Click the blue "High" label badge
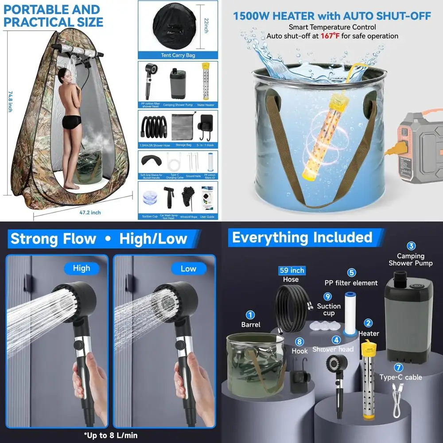click(x=81, y=268)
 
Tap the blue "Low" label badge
click(x=188, y=268)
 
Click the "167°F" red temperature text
click(x=327, y=36)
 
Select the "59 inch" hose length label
click(x=291, y=270)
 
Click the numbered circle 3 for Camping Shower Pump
click(x=411, y=246)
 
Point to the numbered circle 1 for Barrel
click(x=250, y=315)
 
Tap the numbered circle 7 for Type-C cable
click(x=399, y=367)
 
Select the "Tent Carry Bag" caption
click(x=178, y=55)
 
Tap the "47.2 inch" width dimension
click(x=90, y=213)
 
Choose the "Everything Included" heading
click(x=302, y=238)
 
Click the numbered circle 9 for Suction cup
click(x=328, y=296)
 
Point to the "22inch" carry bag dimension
click(x=205, y=26)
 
